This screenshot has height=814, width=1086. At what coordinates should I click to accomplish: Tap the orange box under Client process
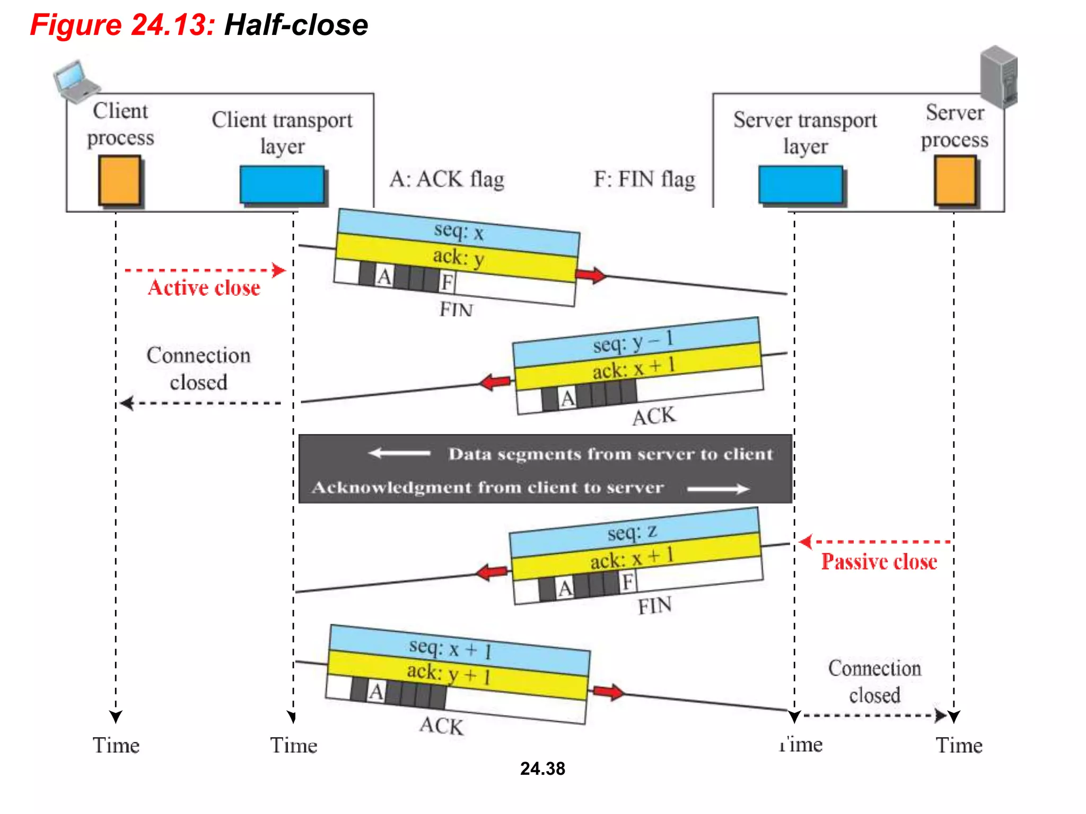[x=120, y=180]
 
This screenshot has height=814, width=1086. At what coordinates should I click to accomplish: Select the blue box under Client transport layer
[x=282, y=184]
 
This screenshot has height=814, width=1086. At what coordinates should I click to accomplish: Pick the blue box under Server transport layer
[x=800, y=184]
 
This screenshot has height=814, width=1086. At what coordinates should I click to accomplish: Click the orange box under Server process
[x=954, y=180]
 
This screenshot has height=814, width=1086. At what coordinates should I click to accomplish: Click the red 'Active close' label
[x=204, y=288]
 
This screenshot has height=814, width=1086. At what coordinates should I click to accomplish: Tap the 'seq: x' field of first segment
[x=459, y=232]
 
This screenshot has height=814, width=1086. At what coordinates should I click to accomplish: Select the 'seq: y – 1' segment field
[x=634, y=342]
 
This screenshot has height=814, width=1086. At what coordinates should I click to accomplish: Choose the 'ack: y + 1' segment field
[x=449, y=674]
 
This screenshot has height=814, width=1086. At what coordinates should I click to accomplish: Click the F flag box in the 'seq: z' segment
[x=628, y=582]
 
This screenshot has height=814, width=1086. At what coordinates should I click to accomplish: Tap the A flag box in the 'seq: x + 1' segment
[x=376, y=692]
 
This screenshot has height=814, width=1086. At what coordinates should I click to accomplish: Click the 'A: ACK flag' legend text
[x=446, y=179]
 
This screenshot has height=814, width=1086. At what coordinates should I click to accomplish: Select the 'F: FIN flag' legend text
[x=644, y=179]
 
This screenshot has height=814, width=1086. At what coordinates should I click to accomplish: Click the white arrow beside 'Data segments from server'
[x=399, y=453]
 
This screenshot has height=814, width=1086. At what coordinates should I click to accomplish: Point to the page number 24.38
[x=542, y=768]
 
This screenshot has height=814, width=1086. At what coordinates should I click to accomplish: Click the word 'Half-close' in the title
[x=296, y=25]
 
